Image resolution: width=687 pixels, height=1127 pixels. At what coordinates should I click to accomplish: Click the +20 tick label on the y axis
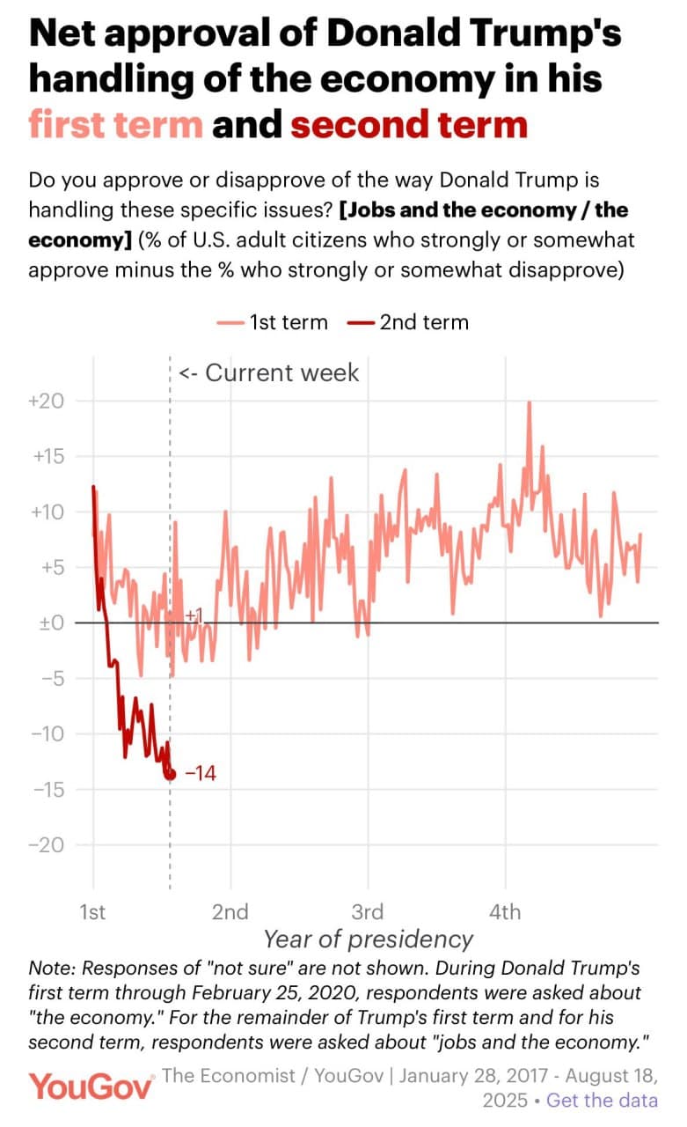point(47,401)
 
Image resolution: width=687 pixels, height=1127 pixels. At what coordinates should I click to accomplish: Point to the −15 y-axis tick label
point(48,789)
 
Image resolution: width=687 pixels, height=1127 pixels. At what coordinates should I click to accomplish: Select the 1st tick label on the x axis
point(92,911)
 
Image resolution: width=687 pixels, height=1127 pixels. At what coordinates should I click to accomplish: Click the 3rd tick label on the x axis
point(367,911)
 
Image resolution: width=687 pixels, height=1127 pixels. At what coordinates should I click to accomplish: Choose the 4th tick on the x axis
point(505,911)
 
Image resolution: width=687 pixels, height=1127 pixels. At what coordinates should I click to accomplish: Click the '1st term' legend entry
point(273,322)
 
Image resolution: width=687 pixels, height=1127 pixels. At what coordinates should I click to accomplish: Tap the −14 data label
point(200,774)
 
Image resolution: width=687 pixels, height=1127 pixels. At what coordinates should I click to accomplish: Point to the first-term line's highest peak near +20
point(530,402)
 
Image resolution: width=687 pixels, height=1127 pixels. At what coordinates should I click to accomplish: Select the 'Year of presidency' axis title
point(368,939)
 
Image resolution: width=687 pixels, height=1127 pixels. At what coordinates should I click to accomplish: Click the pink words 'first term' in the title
point(116,125)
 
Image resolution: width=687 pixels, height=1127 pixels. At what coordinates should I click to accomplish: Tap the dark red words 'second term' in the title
point(409,125)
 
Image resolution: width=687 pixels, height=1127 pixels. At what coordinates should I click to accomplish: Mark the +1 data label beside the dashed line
point(194,615)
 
